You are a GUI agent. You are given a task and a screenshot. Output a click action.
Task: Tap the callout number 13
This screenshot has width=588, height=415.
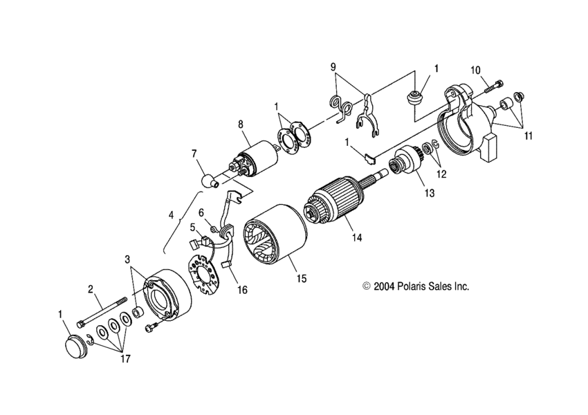(x=430, y=194)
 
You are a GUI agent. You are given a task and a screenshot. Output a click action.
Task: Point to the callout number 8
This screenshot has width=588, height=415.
(x=241, y=124)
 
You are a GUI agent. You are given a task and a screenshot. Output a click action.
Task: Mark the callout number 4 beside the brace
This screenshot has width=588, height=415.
(x=170, y=214)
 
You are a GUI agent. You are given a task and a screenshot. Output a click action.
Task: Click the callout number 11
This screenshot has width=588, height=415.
(x=529, y=136)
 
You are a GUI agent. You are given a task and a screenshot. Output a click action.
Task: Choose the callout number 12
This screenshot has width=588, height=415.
(x=441, y=174)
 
